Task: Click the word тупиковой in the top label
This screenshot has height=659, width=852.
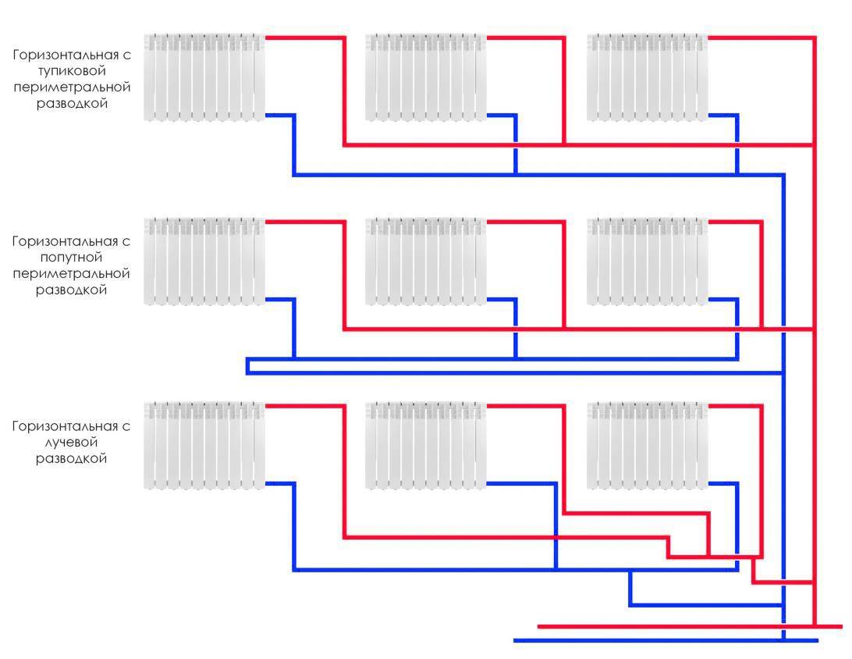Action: coord(71,71)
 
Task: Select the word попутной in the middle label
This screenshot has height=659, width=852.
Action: coord(71,257)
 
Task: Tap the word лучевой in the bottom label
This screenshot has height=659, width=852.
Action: coord(71,443)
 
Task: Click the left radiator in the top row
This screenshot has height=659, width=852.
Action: coord(204,77)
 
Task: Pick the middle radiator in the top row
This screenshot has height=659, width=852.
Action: coord(426,77)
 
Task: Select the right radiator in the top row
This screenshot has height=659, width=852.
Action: coord(647,77)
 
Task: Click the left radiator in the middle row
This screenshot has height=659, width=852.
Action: coord(204,261)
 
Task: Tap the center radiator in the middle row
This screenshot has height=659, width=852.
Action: coord(426,261)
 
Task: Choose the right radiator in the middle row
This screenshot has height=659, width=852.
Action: coord(647,261)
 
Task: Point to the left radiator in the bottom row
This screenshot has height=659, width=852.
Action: coord(204,445)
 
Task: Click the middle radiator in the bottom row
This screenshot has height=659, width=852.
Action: coord(426,445)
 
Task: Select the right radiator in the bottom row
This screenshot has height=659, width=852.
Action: coord(647,445)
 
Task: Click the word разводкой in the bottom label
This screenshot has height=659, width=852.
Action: coord(71,459)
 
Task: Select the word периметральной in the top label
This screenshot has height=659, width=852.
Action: coord(71,87)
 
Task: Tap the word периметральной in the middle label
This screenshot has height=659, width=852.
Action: coord(71,273)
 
